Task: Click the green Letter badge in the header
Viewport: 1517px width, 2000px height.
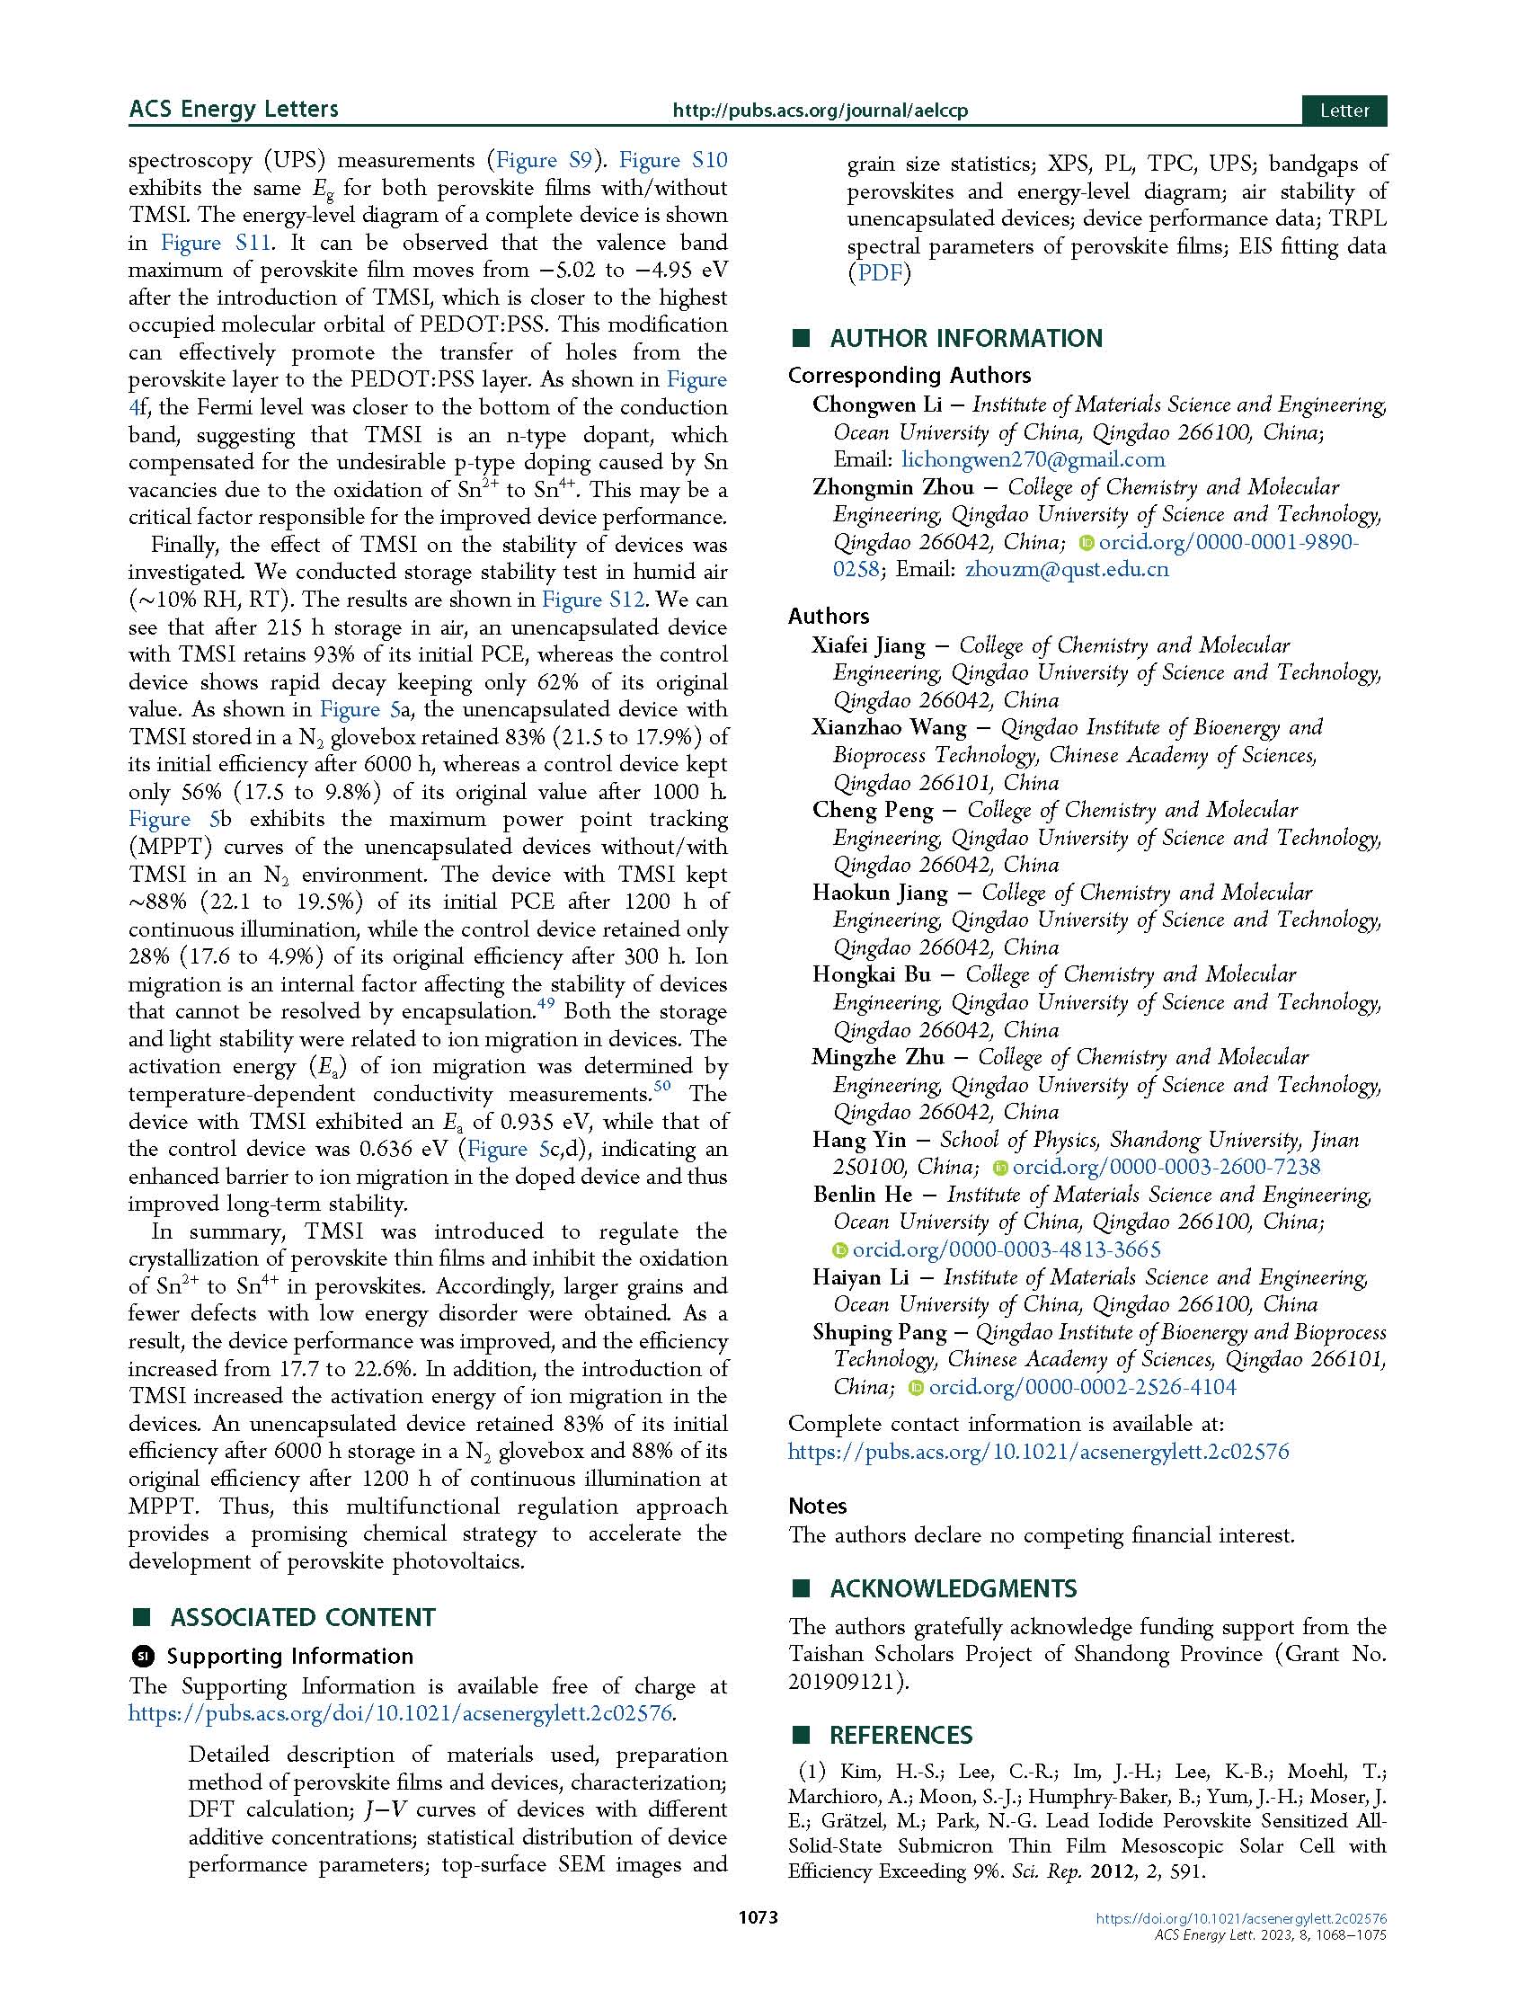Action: pyautogui.click(x=1344, y=111)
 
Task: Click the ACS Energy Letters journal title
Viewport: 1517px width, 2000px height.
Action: pyautogui.click(x=234, y=110)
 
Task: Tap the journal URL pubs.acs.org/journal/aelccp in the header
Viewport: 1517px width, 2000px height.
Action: pyautogui.click(x=819, y=111)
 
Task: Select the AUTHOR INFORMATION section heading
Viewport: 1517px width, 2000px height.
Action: pyautogui.click(x=965, y=338)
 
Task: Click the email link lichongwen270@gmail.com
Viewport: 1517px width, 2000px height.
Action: pyautogui.click(x=1034, y=459)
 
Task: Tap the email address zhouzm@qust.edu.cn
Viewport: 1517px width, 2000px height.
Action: pyautogui.click(x=1067, y=570)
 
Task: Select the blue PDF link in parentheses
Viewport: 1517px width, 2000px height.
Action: pyautogui.click(x=880, y=273)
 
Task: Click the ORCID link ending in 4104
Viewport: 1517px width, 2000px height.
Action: pyautogui.click(x=1082, y=1387)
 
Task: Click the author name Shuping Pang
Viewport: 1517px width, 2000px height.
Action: pyautogui.click(x=880, y=1332)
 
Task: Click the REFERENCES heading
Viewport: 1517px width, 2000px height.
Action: pyautogui.click(x=900, y=1735)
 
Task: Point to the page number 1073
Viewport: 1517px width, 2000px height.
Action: pyautogui.click(x=758, y=1943)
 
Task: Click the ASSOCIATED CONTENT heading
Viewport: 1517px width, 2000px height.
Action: pyautogui.click(x=302, y=1618)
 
